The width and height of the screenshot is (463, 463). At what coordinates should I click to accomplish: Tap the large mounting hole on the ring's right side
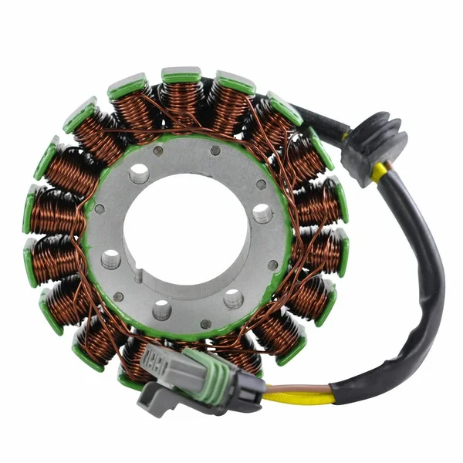[x=262, y=213]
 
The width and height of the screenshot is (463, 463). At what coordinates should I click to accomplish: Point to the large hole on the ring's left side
[x=110, y=258]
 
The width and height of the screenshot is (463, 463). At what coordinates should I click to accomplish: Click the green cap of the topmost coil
[x=181, y=76]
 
